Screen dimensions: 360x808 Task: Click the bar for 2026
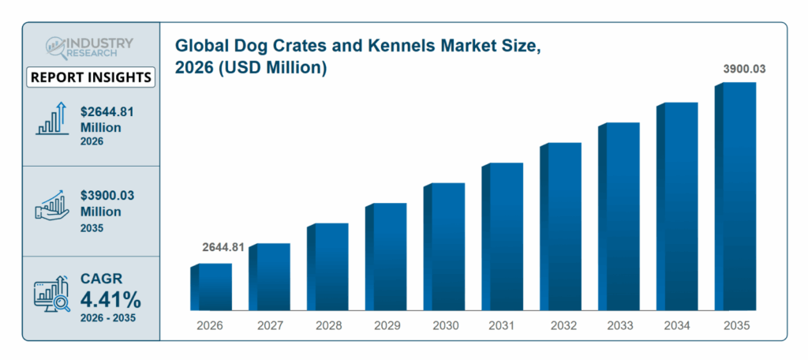(x=211, y=287)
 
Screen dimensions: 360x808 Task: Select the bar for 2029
(x=386, y=257)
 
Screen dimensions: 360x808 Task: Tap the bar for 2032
(x=560, y=227)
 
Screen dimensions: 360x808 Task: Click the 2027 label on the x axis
(x=269, y=325)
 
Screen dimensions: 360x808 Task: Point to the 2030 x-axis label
(x=444, y=325)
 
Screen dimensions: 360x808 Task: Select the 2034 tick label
(x=677, y=325)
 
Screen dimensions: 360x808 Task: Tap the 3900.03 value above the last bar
(x=744, y=69)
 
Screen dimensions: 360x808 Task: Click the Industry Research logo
(x=89, y=47)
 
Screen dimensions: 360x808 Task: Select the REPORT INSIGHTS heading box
(x=91, y=77)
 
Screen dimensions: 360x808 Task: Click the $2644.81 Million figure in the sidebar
(x=107, y=119)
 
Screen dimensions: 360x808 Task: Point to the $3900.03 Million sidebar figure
(x=107, y=204)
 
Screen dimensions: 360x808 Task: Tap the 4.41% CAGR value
(x=110, y=300)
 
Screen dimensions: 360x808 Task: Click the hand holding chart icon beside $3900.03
(x=50, y=204)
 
